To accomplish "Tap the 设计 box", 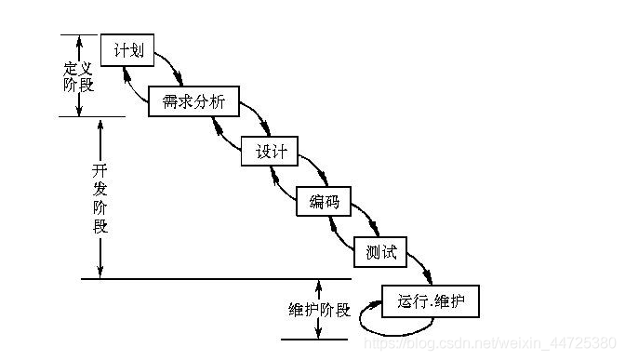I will click(270, 152).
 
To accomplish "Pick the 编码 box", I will click(324, 201).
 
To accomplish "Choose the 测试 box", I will click(382, 251).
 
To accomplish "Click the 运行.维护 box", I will click(431, 300).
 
